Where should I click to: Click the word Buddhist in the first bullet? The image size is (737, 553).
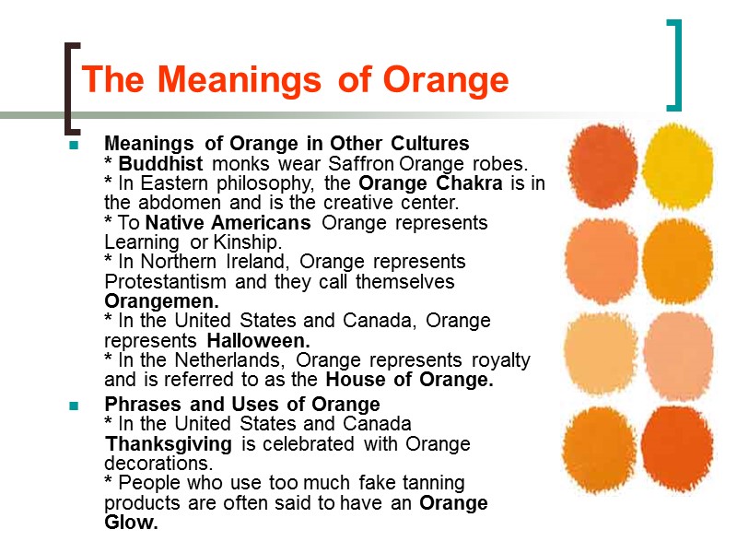163,164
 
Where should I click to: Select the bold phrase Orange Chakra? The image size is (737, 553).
430,183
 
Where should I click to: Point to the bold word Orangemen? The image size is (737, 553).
162,301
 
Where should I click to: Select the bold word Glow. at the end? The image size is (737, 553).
132,523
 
